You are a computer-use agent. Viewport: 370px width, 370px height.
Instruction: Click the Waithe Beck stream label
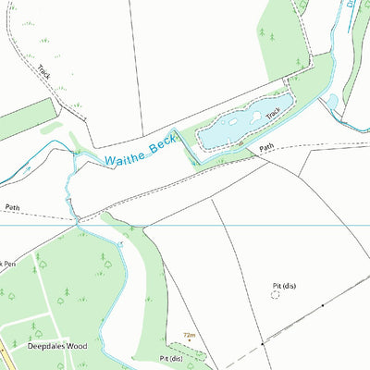click(x=140, y=152)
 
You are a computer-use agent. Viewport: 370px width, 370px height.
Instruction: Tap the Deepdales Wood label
click(x=55, y=346)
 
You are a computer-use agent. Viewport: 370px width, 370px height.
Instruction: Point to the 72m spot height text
click(x=190, y=335)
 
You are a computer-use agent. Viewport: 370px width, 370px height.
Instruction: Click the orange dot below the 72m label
click(x=189, y=341)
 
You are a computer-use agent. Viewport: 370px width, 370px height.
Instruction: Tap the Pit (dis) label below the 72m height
click(x=172, y=357)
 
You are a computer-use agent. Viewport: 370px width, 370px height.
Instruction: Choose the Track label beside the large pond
click(x=273, y=114)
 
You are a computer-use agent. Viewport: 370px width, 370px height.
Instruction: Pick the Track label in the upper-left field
click(x=44, y=70)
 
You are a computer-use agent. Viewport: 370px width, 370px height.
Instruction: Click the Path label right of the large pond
click(x=267, y=146)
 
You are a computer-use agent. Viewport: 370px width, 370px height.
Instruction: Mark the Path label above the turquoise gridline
click(x=11, y=208)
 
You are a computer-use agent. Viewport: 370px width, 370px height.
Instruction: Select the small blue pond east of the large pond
click(x=332, y=102)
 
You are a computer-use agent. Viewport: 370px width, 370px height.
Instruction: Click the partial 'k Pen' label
click(x=8, y=264)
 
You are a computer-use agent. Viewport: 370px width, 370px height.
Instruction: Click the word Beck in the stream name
click(x=159, y=145)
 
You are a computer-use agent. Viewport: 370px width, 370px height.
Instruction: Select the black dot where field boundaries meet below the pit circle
click(x=263, y=343)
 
